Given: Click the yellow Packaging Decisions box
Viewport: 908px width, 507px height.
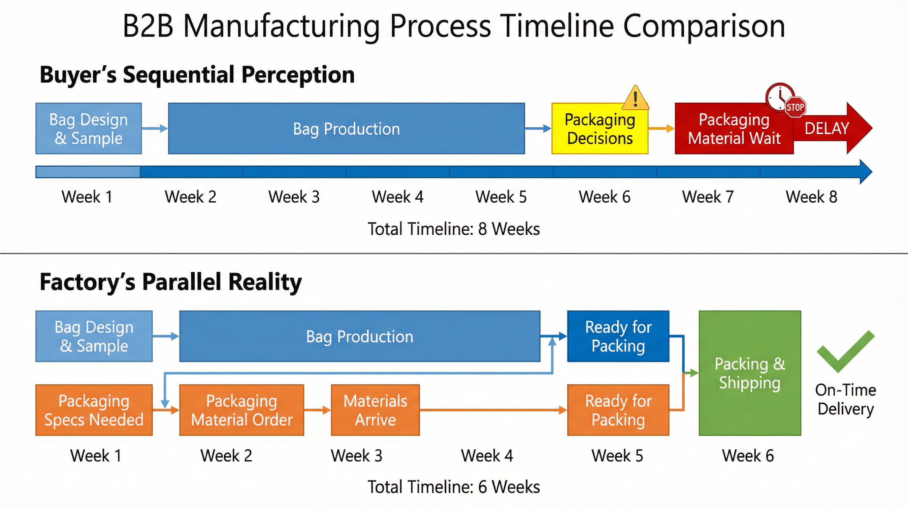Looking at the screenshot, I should click(600, 129).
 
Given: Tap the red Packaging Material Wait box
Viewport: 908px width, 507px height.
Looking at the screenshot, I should click(734, 129).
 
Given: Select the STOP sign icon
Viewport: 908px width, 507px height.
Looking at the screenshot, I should click(795, 107).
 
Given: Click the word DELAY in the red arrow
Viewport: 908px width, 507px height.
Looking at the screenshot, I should click(827, 128).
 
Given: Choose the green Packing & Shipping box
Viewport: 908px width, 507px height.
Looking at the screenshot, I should click(750, 373).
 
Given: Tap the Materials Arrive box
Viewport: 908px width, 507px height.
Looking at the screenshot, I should click(375, 410).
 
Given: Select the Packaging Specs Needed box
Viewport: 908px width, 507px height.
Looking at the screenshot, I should click(94, 410).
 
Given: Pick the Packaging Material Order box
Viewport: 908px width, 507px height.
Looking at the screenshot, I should click(242, 410).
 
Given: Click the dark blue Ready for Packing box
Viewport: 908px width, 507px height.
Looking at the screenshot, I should click(618, 336).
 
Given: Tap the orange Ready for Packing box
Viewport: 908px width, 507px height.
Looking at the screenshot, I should click(618, 410).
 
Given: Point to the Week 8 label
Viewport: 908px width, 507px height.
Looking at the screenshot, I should click(811, 197).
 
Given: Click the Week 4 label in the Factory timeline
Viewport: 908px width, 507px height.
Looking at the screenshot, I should click(487, 456).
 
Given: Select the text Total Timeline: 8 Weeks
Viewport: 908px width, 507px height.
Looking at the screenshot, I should click(454, 229).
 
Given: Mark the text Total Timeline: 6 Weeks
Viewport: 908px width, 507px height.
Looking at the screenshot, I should click(454, 487).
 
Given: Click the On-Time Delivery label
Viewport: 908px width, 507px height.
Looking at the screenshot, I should click(845, 399).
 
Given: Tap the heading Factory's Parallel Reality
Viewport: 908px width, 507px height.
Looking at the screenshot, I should click(171, 282).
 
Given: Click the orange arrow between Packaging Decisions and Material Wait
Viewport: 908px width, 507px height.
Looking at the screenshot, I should click(661, 128).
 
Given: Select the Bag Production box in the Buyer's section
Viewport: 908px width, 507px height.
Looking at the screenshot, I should click(346, 129).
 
